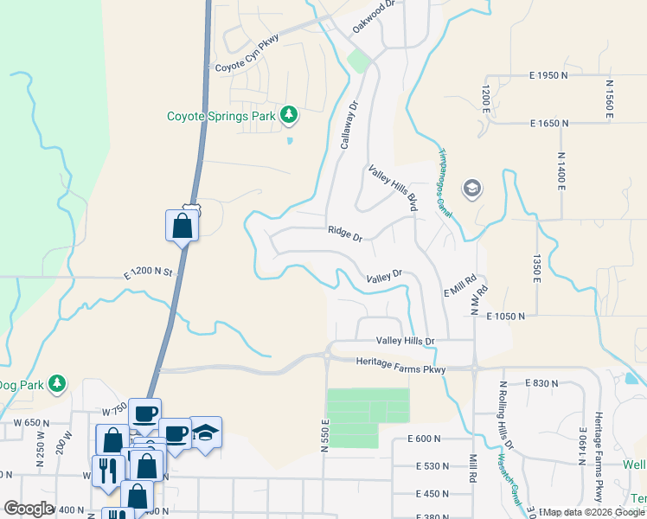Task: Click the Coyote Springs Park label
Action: tap(221, 115)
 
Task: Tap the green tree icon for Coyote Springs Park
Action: tap(289, 114)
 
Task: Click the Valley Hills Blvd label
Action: tap(394, 188)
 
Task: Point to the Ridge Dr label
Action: tap(345, 232)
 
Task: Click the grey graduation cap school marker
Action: tap(471, 189)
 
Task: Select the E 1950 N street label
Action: tap(548, 76)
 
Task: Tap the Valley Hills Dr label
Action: tap(404, 342)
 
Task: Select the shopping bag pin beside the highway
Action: tap(182, 227)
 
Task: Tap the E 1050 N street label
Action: tap(506, 317)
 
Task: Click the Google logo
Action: tap(29, 509)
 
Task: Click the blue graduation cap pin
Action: tap(206, 432)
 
